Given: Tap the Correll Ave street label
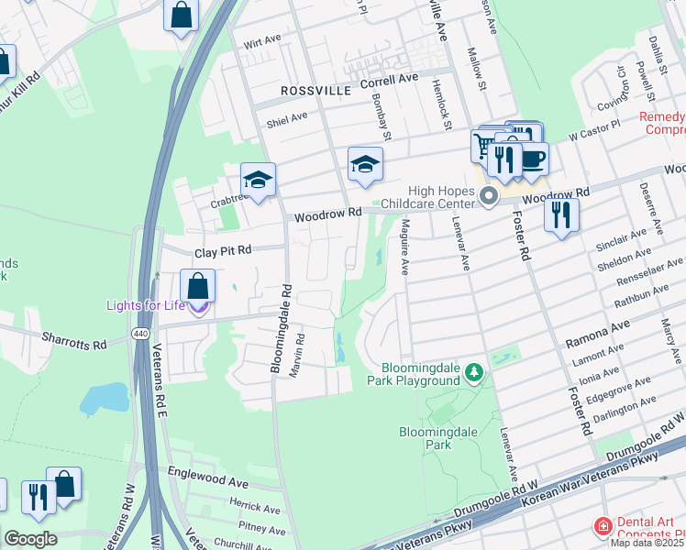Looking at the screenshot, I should [389, 82].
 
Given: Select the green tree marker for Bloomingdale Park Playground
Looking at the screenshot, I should [473, 371].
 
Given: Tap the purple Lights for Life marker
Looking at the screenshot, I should [198, 308].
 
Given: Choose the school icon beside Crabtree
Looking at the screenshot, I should [259, 181].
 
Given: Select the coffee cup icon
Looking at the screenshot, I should [531, 159].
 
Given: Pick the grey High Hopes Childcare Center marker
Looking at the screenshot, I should [489, 196].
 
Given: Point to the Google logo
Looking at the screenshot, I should [30, 539].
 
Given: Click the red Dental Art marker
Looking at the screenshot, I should [603, 525].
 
